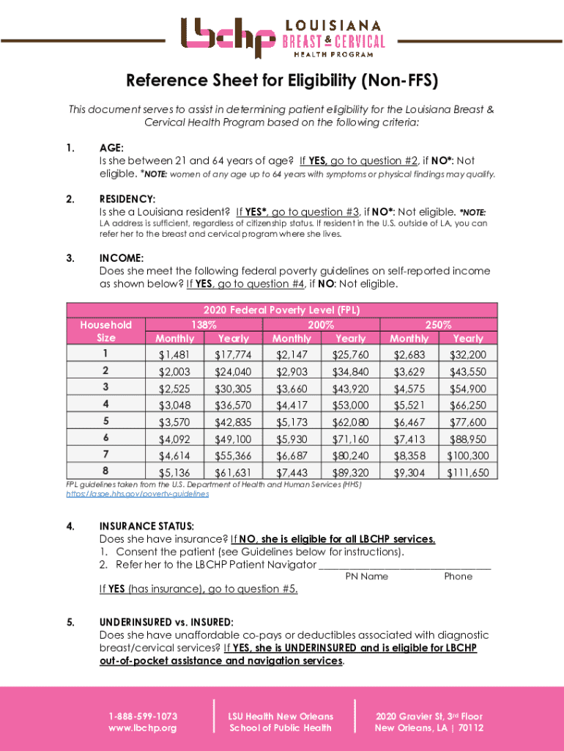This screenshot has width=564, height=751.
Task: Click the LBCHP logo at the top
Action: click(282, 37)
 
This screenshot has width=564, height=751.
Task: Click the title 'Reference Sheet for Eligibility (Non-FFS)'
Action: click(282, 80)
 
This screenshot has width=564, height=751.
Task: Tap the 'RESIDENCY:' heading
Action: click(127, 199)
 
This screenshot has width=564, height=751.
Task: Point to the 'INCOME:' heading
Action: click(121, 257)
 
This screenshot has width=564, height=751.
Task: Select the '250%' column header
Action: click(439, 324)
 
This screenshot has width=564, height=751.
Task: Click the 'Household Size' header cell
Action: click(106, 331)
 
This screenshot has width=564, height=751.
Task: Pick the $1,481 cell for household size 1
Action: click(174, 355)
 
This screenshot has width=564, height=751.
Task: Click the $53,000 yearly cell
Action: click(350, 405)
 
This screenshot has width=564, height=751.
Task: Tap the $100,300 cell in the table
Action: click(467, 455)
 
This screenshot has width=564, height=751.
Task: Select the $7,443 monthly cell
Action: click(292, 473)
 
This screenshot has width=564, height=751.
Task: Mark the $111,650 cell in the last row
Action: click(467, 473)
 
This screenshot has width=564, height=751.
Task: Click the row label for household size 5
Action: click(106, 421)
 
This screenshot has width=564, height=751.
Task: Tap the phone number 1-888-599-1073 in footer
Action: click(143, 716)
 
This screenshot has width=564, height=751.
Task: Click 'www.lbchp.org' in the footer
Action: click(143, 728)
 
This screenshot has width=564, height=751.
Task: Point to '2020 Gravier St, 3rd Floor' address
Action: click(428, 716)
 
